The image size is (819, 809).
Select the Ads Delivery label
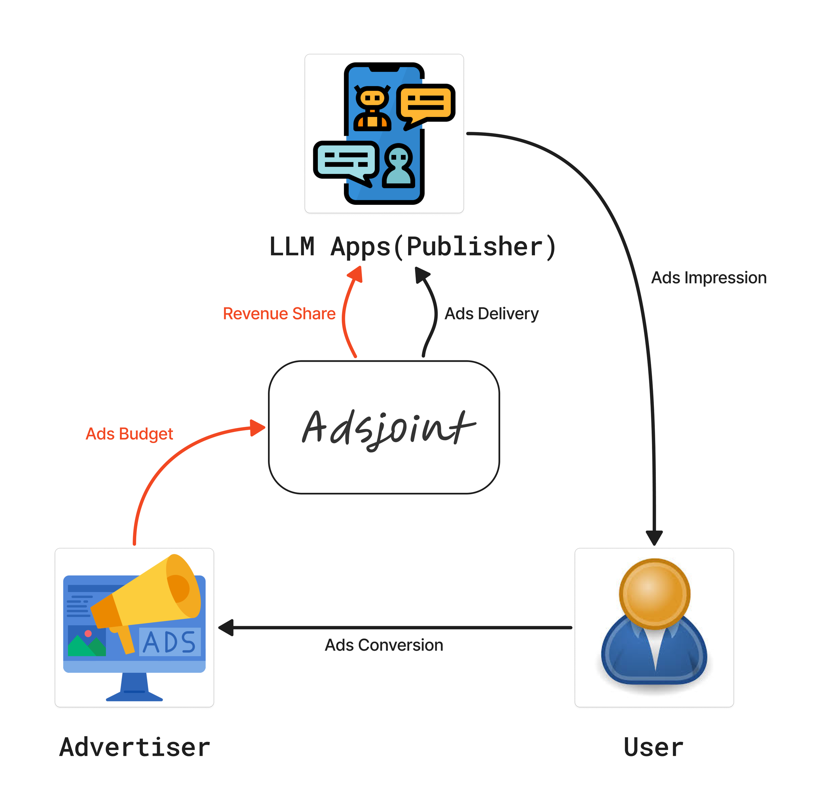pos(491,314)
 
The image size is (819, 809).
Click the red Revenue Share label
pos(279,314)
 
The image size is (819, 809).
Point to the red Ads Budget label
pos(129,434)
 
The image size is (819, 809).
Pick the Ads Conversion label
pos(384,645)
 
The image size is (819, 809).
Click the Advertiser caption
pos(135,747)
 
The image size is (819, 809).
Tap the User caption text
pos(653,747)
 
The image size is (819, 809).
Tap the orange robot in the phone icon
pos(372,108)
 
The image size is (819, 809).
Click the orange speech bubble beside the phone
pos(425,103)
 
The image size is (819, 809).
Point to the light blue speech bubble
pos(346,160)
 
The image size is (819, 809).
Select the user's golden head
pos(654,594)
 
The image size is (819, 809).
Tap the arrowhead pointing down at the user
pos(654,538)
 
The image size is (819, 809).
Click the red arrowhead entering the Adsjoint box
pos(257,428)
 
